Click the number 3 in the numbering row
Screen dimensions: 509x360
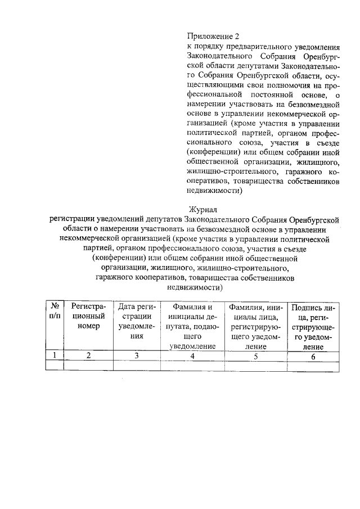coord(136,355)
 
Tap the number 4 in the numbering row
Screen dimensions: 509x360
coord(192,355)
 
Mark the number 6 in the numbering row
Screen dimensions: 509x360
coord(313,355)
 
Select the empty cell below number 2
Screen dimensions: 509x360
coord(88,366)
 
